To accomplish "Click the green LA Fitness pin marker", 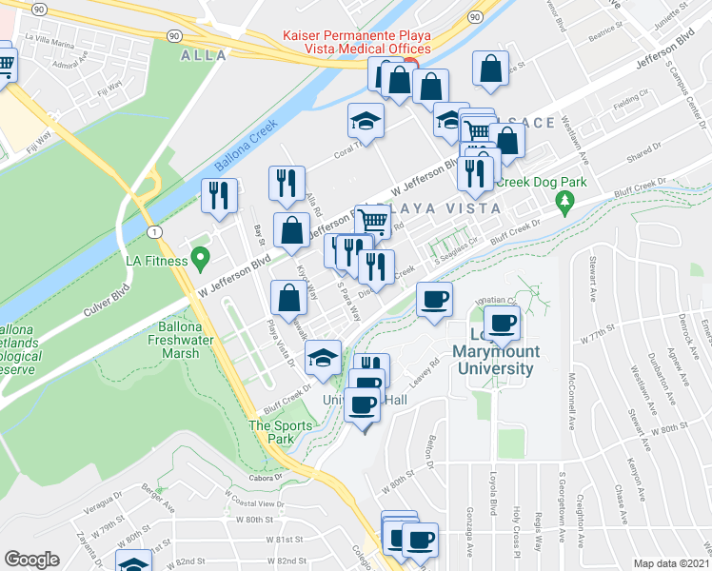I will tap(200, 257).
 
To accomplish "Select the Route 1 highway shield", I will tap(153, 232).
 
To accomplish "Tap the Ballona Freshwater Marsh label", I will tap(167, 340).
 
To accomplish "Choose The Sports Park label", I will tap(271, 432).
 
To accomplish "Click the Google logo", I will tap(31, 560).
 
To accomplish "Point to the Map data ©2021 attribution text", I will tap(670, 562).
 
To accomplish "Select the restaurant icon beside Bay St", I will tap(220, 195).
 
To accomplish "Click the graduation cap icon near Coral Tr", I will tap(366, 120).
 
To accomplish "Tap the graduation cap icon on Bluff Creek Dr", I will tap(324, 358).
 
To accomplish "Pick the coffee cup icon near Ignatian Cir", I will tap(435, 299).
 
